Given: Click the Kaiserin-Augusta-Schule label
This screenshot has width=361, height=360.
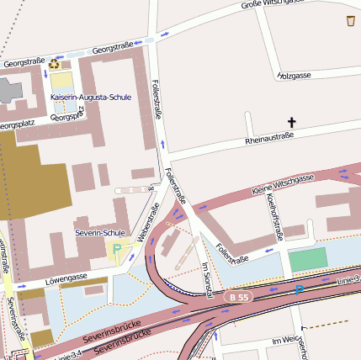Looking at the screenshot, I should click(x=91, y=98).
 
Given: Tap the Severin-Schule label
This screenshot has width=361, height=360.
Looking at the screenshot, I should click(x=100, y=232).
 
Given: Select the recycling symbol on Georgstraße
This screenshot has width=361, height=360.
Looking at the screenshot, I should click(x=55, y=63).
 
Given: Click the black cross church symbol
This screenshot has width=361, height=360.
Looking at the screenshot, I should click(x=292, y=123).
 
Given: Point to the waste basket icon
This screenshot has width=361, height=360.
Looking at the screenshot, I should click(x=350, y=20).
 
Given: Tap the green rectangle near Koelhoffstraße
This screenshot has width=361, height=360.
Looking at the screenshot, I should click(x=307, y=259).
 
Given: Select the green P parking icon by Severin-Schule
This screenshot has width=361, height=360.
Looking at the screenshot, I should click(x=117, y=250).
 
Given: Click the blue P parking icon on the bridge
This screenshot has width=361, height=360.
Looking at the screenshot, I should click(x=299, y=290).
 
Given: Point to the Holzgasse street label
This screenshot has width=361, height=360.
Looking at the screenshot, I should click(x=294, y=76).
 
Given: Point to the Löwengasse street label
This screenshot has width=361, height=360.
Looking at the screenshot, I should click(x=67, y=277).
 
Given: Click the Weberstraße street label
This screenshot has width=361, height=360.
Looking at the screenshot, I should click(x=142, y=225).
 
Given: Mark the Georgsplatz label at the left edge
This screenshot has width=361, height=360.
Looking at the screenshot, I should click(x=19, y=125).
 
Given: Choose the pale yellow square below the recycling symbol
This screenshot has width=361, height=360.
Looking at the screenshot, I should click(x=61, y=82).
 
